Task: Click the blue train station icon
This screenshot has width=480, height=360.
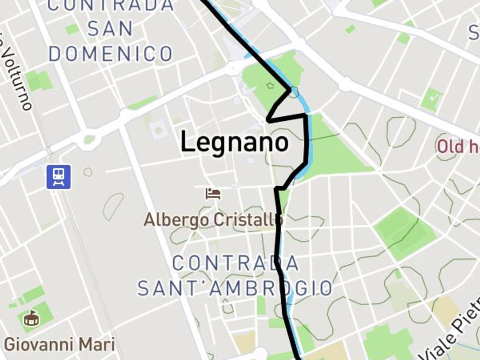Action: tap(58, 177)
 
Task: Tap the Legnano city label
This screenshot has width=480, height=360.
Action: tap(235, 142)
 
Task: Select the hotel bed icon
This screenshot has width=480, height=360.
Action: tap(213, 194)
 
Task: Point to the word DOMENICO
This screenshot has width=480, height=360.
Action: tap(111, 54)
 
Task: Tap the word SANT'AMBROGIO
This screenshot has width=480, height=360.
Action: tap(235, 288)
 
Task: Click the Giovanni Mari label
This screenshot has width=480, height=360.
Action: tap(59, 344)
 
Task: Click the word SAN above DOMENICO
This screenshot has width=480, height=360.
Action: tap(110, 29)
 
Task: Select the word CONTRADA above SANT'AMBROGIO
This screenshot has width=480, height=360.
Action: tap(235, 263)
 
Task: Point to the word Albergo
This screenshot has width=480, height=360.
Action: tap(176, 220)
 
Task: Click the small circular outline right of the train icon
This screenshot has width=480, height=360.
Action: tap(88, 172)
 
